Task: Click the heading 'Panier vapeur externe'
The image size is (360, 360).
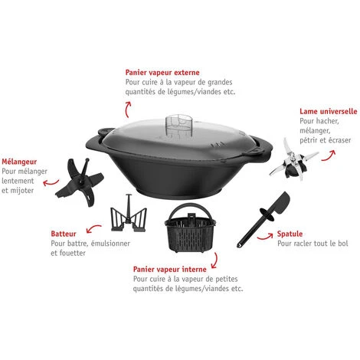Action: tap(162, 73)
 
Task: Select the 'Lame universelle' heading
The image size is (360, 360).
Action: tap(329, 111)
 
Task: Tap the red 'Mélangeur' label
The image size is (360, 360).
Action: tap(19, 162)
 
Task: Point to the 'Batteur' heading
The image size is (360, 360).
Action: tap(64, 234)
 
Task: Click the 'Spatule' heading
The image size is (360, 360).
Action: tap(290, 234)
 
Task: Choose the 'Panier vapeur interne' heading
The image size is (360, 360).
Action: tap(170, 270)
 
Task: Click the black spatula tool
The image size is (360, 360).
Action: tap(264, 220)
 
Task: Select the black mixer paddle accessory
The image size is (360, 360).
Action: tap(80, 182)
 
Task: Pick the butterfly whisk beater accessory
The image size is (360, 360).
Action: tap(129, 214)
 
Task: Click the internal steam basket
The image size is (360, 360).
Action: tap(190, 227)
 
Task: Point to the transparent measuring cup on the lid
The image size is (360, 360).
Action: tap(178, 125)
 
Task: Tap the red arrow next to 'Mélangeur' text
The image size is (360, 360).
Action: tap(51, 183)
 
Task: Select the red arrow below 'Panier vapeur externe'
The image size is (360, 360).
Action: tap(128, 110)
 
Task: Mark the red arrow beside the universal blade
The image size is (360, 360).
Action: tap(329, 156)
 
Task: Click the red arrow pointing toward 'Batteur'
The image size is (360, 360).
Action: tap(93, 227)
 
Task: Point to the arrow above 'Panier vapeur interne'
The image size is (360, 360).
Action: tap(215, 261)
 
